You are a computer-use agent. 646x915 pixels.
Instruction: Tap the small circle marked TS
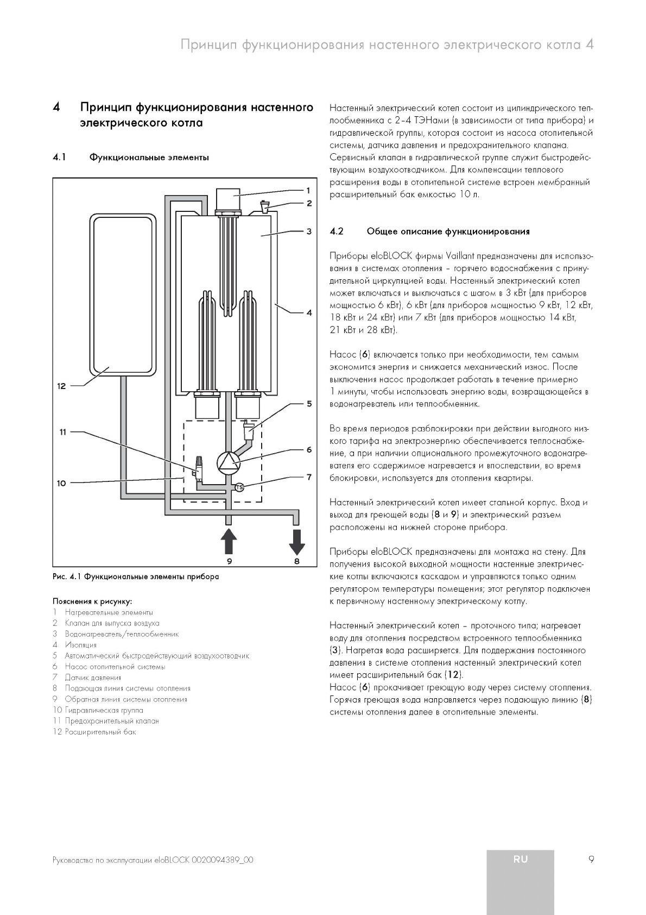(x=239, y=487)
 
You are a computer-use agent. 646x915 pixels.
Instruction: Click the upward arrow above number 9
(x=229, y=541)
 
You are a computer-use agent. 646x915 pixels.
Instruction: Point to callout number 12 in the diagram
(x=61, y=386)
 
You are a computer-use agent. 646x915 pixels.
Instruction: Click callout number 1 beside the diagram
(x=308, y=190)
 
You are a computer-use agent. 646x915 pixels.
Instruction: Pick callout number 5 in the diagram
(x=309, y=404)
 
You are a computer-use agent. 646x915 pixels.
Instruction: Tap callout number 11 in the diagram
(x=63, y=432)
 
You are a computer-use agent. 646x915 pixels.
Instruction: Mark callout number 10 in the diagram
(x=61, y=482)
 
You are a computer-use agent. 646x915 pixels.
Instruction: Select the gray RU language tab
(x=520, y=859)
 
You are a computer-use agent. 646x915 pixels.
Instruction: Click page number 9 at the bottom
(x=591, y=860)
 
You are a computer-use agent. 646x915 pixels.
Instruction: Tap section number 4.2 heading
(x=337, y=231)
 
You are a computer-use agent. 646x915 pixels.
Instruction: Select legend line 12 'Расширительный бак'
(x=100, y=732)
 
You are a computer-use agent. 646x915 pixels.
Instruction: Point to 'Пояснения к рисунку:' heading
(x=92, y=601)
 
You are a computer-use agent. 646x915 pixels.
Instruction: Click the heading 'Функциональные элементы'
(x=149, y=158)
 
